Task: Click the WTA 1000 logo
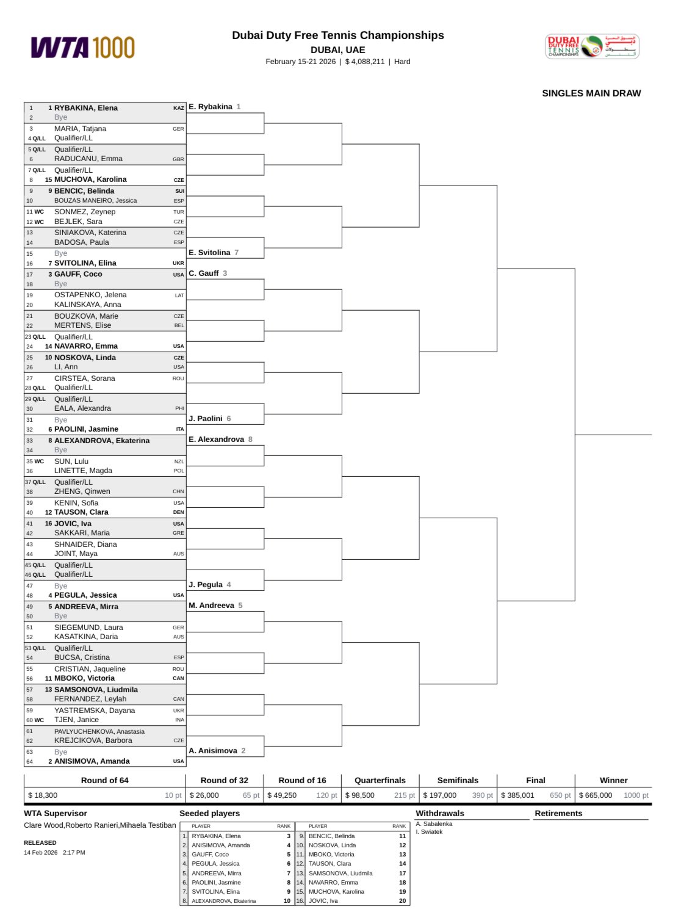click(82, 48)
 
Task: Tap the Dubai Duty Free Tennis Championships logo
click(591, 46)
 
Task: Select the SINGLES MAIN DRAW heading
click(591, 93)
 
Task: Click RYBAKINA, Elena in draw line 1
click(86, 108)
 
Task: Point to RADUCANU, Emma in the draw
click(88, 159)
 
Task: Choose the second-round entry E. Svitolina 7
click(214, 253)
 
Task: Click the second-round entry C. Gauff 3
click(207, 273)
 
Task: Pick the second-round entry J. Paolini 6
click(209, 419)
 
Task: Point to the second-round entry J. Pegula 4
click(209, 585)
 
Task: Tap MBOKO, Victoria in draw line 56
click(84, 678)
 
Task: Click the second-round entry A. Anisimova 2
click(217, 751)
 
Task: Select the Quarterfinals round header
click(380, 780)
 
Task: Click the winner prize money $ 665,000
click(595, 795)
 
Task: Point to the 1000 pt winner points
click(636, 795)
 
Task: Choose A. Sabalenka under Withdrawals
click(434, 824)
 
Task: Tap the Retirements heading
click(558, 813)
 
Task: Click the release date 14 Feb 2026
click(41, 853)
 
